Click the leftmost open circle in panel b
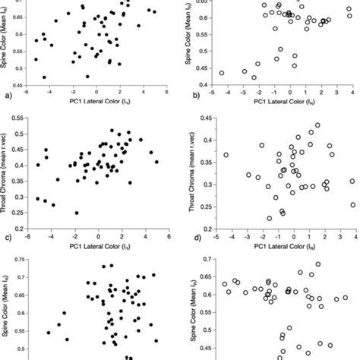(221, 74)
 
